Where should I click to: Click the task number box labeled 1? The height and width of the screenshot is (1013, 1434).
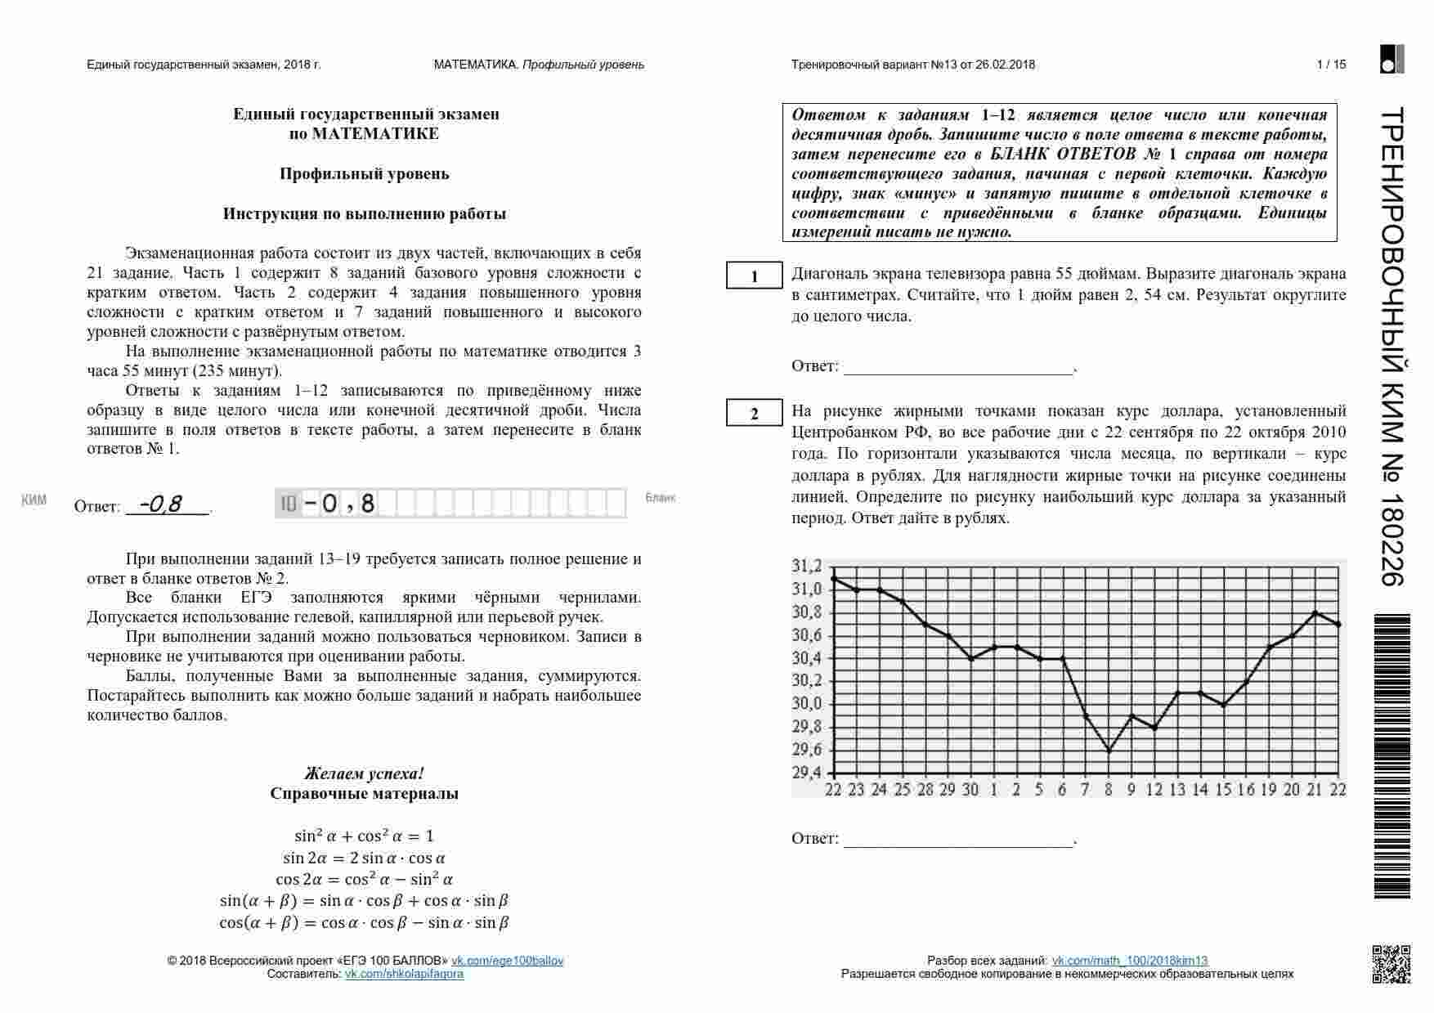click(754, 276)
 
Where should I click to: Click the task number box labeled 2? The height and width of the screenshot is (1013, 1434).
click(754, 414)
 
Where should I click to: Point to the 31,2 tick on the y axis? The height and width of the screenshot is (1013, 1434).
click(807, 567)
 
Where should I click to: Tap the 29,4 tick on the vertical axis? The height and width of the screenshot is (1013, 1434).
click(807, 773)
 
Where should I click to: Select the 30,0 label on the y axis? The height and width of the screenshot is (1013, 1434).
click(807, 704)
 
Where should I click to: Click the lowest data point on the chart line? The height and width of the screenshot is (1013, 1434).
click(1109, 751)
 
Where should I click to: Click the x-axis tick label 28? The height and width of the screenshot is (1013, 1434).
click(925, 790)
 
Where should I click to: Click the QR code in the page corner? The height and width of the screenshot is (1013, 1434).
click(1391, 963)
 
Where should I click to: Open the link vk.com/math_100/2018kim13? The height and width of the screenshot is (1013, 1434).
click(1129, 961)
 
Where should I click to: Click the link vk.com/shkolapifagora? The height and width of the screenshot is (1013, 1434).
click(404, 974)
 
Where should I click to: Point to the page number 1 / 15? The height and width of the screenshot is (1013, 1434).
click(1331, 65)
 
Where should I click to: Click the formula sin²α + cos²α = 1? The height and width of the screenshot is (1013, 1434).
click(364, 836)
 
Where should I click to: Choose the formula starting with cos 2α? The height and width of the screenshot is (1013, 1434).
click(364, 880)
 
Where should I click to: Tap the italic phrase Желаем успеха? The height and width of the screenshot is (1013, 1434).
click(364, 773)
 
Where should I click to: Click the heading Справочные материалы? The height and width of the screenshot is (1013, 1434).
click(364, 794)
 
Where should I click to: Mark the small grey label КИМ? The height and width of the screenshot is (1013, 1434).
click(34, 500)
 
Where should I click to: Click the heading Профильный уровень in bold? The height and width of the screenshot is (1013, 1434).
click(364, 173)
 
